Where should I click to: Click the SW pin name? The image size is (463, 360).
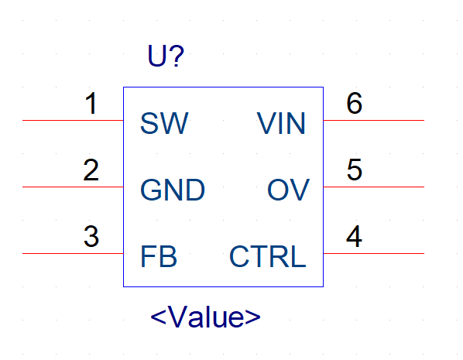point(164,123)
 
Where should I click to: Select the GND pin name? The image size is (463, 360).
point(173,190)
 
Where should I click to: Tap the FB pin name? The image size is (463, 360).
point(159,256)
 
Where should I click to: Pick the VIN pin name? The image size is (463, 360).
point(281,123)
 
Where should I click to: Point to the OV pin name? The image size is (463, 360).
point(288,190)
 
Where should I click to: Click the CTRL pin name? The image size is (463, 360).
point(268,256)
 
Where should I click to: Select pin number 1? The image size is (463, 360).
point(91,104)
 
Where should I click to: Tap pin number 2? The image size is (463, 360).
point(91,170)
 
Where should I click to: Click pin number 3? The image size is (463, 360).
point(91,236)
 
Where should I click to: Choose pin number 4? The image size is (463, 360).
point(354,236)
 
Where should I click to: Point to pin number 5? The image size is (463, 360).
point(355,170)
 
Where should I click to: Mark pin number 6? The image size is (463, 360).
point(355,103)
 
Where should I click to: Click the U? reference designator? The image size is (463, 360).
point(166,56)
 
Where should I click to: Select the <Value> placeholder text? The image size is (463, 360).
point(205,317)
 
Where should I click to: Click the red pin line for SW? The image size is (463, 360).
point(73,121)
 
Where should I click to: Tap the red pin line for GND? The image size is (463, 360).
point(73,187)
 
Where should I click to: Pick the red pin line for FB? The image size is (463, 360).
point(73,253)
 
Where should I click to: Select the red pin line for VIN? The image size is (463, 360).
point(374,121)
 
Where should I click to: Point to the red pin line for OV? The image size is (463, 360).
point(374,187)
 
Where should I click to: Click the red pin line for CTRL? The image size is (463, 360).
point(374,253)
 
